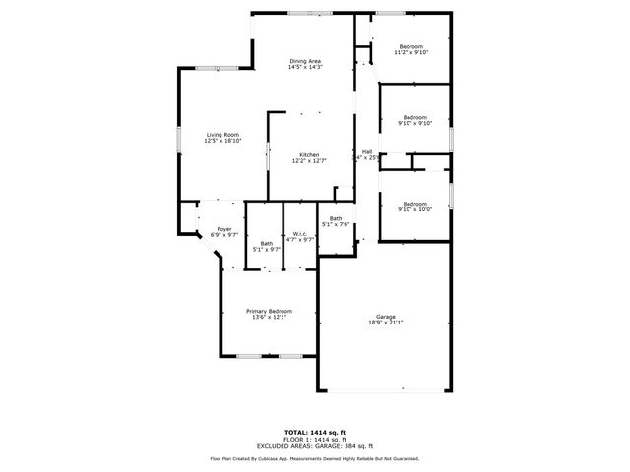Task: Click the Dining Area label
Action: [305, 61]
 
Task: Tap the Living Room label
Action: [222, 135]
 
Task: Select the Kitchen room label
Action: [309, 154]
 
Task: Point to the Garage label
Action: [385, 317]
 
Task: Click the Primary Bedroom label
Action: [269, 311]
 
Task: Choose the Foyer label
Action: [224, 229]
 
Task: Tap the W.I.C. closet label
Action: [300, 233]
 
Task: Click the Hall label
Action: [367, 151]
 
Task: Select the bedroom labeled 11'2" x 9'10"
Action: [410, 53]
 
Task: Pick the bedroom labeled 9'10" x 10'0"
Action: [413, 208]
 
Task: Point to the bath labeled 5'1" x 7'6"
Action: [336, 224]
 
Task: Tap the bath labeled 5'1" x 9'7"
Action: [267, 250]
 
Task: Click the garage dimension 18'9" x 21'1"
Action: [385, 323]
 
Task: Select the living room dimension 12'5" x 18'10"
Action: [222, 141]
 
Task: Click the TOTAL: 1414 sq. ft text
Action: [314, 432]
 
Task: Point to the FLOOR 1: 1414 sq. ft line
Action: [314, 439]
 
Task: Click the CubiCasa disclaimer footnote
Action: [314, 458]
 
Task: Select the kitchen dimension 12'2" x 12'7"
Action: [309, 160]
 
